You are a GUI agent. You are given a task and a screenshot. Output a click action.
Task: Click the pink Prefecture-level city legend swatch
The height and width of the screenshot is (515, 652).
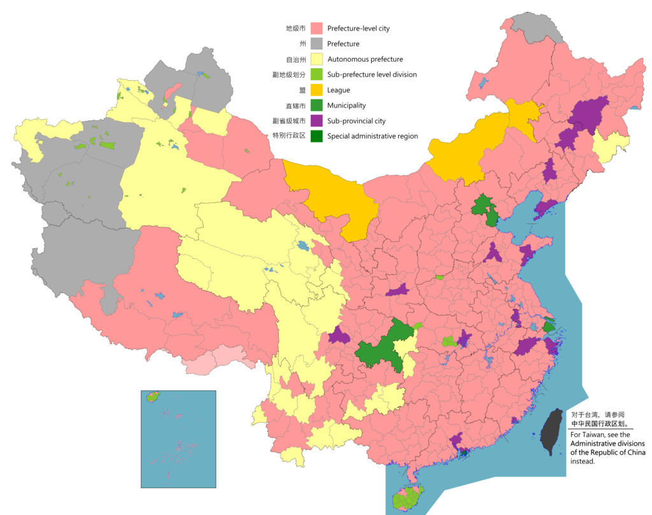(x=316, y=28)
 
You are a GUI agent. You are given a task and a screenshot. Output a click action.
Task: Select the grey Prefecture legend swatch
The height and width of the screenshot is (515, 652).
(x=316, y=44)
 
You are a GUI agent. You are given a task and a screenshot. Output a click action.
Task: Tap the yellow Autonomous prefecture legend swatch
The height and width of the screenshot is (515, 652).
(x=316, y=59)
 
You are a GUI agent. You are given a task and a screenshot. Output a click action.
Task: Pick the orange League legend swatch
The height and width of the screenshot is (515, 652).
(x=316, y=90)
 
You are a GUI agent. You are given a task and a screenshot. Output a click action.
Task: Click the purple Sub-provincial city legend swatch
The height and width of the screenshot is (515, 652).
(x=316, y=120)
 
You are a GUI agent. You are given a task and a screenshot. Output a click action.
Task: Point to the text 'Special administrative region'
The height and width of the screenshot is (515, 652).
(x=372, y=136)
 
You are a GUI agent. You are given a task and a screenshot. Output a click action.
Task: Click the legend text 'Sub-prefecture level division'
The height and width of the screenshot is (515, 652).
(x=372, y=74)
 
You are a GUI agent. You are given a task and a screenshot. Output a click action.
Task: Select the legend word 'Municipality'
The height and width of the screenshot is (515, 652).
(x=346, y=105)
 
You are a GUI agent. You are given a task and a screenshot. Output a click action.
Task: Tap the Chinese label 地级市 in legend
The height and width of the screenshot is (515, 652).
(x=295, y=28)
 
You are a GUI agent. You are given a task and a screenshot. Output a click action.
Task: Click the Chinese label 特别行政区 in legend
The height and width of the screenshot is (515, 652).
(x=289, y=136)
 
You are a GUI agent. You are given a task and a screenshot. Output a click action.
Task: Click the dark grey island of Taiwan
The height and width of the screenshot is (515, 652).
(x=551, y=432)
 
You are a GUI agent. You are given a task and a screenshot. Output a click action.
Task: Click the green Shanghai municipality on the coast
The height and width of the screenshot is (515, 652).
(x=548, y=327)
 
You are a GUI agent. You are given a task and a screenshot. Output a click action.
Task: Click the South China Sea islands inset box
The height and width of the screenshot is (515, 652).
(x=178, y=439)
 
